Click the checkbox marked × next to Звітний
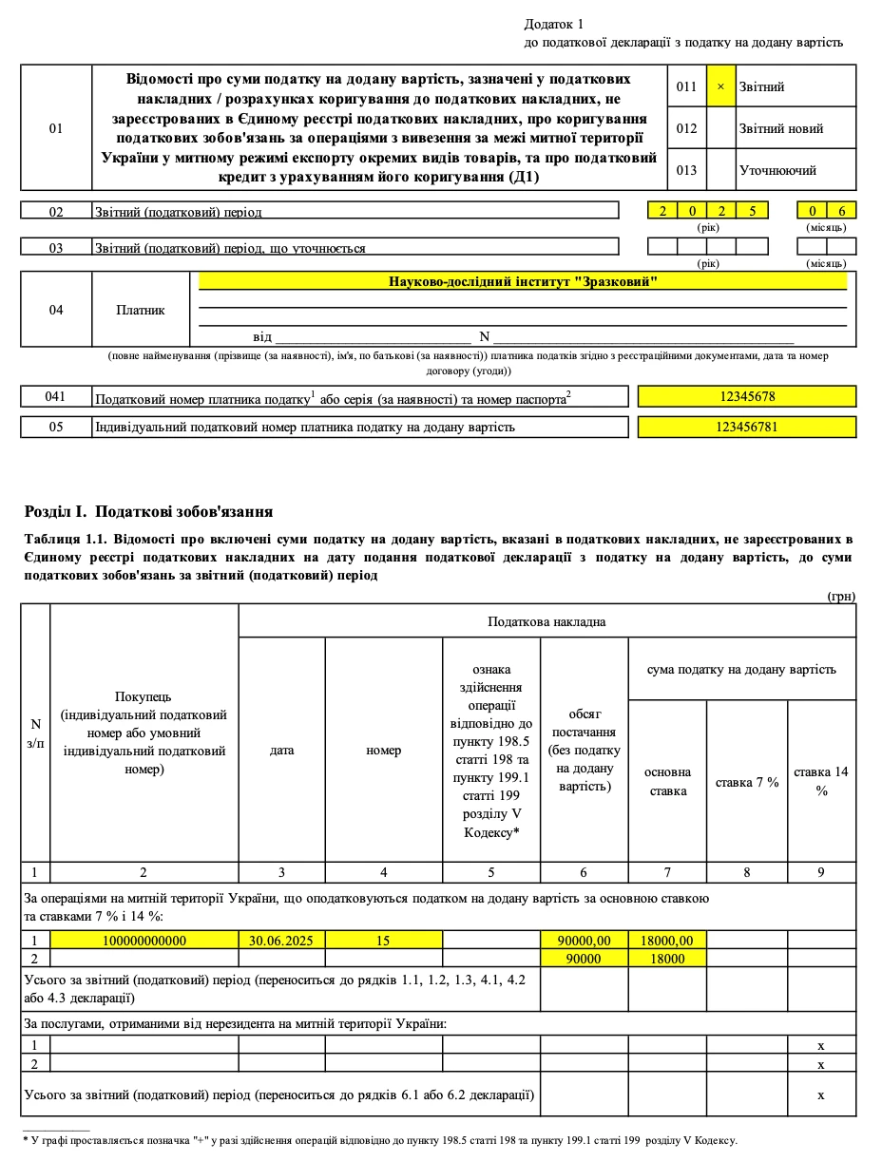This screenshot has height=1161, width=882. [720, 86]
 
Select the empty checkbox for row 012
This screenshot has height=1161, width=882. [720, 128]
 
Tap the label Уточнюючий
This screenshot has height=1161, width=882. [777, 171]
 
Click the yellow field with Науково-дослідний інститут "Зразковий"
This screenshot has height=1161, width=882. [523, 282]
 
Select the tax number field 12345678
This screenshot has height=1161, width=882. [747, 396]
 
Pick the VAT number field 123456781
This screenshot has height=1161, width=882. [747, 427]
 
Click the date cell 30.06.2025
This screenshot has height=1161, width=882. [281, 940]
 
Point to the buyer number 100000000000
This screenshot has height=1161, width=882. [144, 940]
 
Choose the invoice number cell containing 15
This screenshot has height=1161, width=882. [383, 940]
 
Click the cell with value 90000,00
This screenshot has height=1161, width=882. [584, 940]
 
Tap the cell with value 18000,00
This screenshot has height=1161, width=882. [667, 940]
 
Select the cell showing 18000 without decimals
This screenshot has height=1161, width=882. [667, 958]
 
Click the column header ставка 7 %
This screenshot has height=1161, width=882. [747, 782]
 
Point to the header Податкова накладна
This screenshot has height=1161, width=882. [546, 621]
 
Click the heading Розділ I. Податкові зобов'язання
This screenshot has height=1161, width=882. [149, 511]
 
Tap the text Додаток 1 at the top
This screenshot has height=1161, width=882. [554, 24]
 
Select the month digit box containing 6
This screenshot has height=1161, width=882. [841, 211]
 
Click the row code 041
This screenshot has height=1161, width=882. [56, 396]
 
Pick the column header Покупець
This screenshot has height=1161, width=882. [144, 696]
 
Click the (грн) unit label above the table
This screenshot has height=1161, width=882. [841, 596]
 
